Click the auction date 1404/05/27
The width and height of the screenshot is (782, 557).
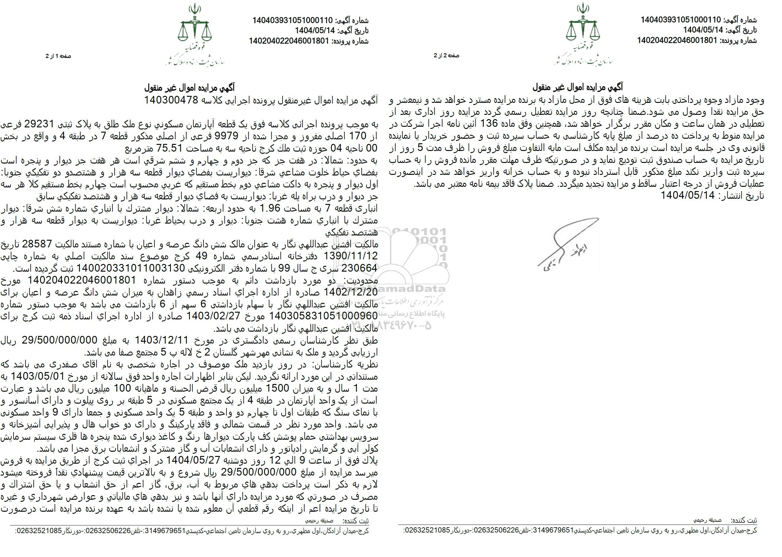pos(187,460)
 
